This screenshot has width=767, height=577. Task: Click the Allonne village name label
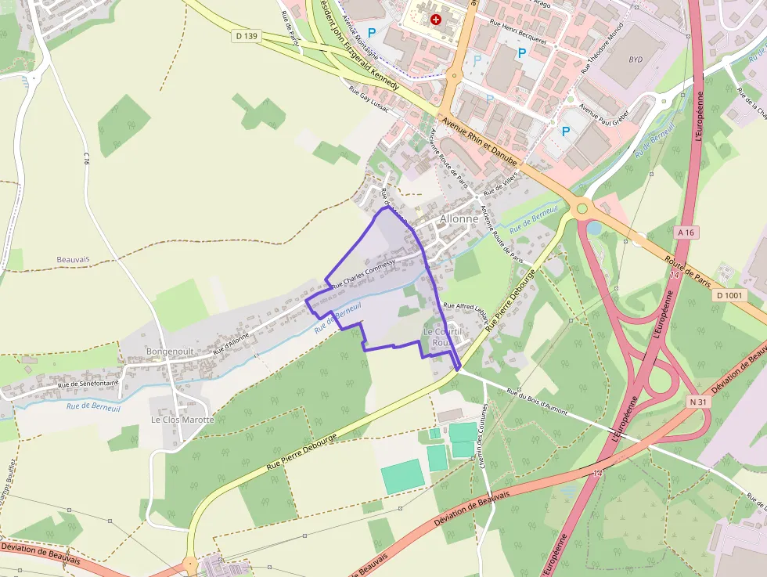click(x=459, y=219)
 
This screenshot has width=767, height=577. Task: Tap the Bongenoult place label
click(x=170, y=352)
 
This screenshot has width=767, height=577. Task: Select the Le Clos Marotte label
click(x=182, y=420)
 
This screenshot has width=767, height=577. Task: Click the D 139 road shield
click(x=245, y=36)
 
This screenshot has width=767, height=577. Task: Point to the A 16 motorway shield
click(x=686, y=233)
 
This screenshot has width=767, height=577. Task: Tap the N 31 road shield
click(x=699, y=401)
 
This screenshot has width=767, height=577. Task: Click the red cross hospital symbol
click(x=435, y=18)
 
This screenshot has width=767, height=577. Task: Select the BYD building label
click(x=632, y=60)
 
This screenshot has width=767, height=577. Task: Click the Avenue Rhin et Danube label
click(x=479, y=139)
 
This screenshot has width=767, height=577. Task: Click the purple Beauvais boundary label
click(x=74, y=259)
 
